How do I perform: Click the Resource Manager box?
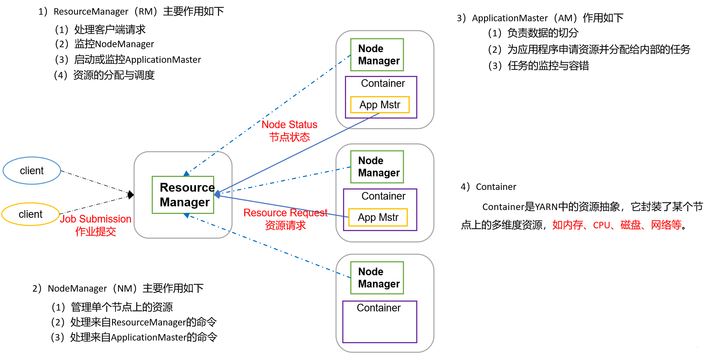tap(183, 195)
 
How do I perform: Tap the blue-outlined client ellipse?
tap(32, 170)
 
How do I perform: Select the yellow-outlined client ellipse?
tap(30, 214)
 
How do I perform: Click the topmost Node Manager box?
tap(377, 55)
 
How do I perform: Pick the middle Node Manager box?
tap(377, 167)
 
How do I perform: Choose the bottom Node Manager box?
tap(377, 278)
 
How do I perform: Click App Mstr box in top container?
tap(380, 105)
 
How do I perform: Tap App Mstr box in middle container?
tap(378, 217)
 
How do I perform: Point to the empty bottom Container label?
tap(378, 308)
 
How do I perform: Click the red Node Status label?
tap(289, 125)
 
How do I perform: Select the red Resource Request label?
tap(285, 213)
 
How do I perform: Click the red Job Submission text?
tap(96, 219)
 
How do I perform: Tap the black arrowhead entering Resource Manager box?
tap(131, 195)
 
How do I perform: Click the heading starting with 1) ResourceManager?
tap(131, 11)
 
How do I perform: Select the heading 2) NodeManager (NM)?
tap(118, 288)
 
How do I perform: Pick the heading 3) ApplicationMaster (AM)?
tap(540, 18)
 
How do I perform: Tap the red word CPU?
tap(601, 225)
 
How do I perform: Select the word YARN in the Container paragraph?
tap(546, 207)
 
